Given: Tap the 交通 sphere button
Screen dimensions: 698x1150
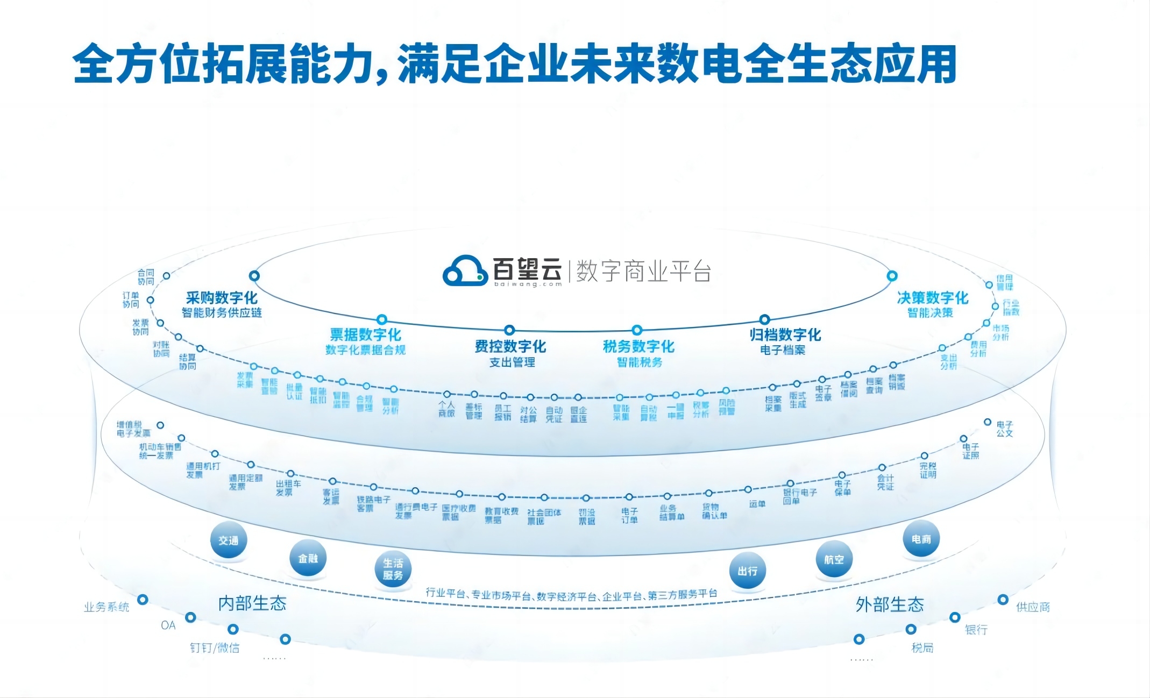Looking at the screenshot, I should (229, 540).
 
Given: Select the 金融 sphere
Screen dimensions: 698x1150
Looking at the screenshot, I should (308, 558).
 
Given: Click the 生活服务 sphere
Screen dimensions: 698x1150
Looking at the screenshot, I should (393, 569).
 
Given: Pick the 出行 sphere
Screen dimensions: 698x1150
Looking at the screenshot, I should (747, 571).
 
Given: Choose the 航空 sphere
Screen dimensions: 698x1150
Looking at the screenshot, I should (834, 559).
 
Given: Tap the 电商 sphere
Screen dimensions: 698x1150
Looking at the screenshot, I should (921, 539).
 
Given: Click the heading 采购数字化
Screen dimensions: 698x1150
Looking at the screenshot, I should (222, 298).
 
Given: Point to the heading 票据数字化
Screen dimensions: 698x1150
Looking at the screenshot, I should (366, 335).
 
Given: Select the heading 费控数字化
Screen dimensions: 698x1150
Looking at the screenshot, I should (510, 346).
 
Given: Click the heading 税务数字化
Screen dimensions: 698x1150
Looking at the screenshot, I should (638, 346).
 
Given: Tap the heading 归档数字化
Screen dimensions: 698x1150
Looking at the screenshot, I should (785, 335).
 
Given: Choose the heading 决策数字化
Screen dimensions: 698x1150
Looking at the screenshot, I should (932, 298).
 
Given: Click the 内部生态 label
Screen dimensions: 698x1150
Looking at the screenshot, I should (252, 603).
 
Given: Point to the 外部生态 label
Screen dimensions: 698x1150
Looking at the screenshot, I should (890, 604).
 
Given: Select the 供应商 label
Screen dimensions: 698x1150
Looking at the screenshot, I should (1033, 607).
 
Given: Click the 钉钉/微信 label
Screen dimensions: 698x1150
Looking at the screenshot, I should (215, 647).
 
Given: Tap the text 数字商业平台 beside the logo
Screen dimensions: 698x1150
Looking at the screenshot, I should (644, 271).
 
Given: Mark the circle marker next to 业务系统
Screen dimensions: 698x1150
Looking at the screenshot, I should (143, 599).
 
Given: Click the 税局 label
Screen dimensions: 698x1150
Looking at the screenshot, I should (922, 647).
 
